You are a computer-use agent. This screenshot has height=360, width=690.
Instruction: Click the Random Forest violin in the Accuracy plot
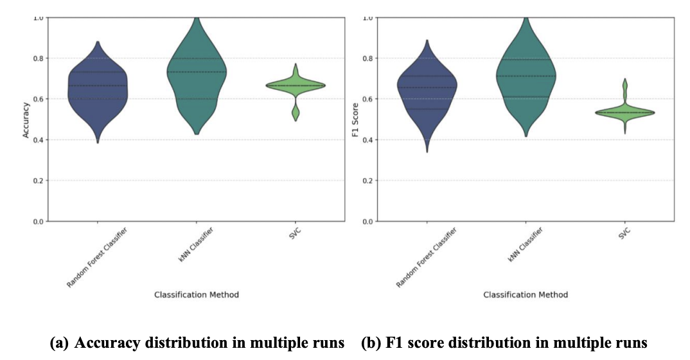(98, 90)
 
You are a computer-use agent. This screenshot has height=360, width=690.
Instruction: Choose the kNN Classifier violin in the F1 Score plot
(526, 77)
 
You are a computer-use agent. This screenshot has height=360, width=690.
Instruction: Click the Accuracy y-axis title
(26, 119)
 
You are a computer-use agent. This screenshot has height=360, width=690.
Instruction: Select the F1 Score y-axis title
(355, 119)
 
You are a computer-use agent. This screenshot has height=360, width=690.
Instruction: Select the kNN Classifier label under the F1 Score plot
(521, 245)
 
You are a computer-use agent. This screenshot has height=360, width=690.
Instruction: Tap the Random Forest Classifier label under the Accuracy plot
(96, 257)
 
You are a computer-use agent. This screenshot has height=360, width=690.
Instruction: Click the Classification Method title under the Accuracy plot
(197, 294)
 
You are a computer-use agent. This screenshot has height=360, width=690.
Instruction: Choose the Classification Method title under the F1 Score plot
(526, 294)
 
